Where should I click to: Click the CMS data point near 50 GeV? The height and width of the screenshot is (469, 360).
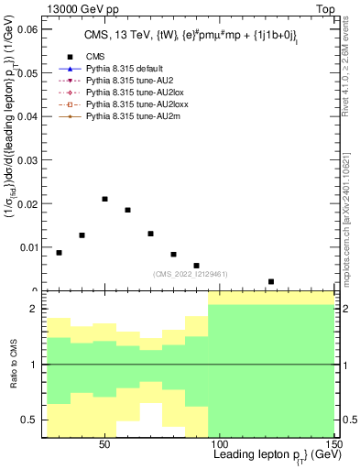point(105,199)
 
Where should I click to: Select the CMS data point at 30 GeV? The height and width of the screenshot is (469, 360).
point(60,253)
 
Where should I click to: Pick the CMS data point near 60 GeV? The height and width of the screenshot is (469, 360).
point(128,210)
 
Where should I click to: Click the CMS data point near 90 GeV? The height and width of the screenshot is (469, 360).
point(196,266)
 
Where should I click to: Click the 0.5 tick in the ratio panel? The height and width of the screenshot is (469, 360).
point(32,420)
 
